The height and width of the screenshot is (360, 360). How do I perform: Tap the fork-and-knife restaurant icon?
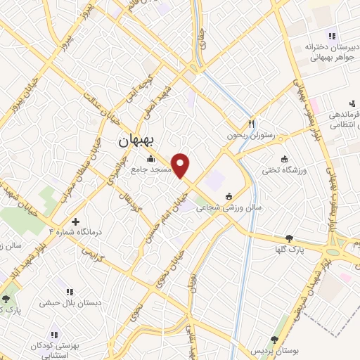[x=250, y=121]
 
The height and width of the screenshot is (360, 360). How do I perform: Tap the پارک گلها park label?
[x=290, y=249]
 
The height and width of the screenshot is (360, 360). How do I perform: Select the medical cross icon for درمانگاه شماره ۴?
[x=76, y=221]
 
